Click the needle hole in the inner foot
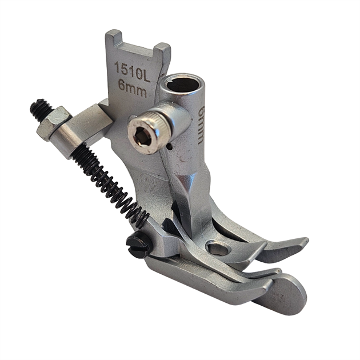[x=218, y=249]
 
